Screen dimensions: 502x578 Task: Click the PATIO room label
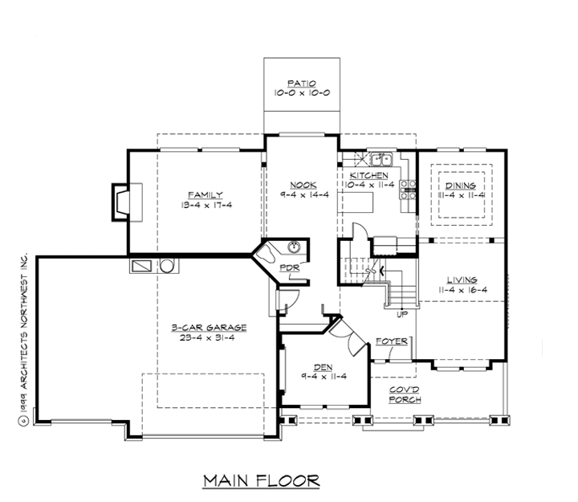303,83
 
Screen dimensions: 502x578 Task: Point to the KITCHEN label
370,175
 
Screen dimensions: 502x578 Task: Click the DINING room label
461,186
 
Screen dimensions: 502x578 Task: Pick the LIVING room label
461,279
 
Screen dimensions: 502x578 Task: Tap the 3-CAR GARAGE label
209,327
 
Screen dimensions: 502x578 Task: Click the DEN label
324,367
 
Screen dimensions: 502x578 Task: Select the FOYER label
393,341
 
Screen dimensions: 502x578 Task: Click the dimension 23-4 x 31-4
209,338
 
